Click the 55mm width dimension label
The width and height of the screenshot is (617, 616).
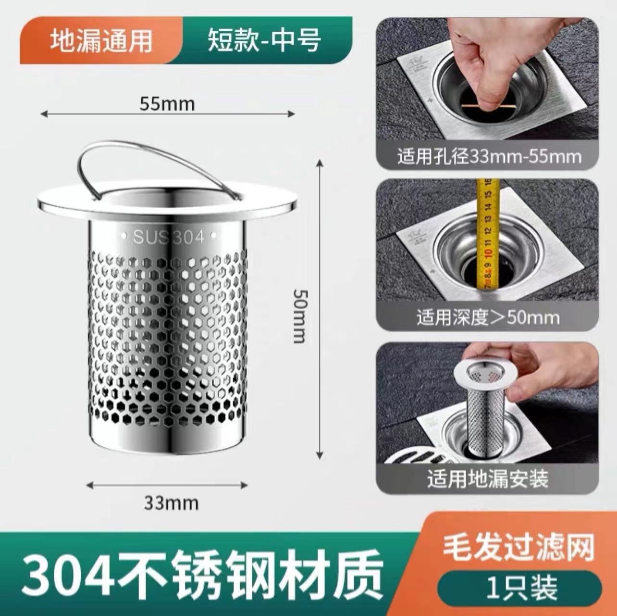click(x=167, y=104)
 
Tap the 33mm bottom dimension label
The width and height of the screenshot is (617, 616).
click(x=171, y=503)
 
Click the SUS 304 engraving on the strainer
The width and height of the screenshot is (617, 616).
click(x=168, y=237)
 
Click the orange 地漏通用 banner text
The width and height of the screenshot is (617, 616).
click(x=101, y=40)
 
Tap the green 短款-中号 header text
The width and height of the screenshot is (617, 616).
click(x=264, y=40)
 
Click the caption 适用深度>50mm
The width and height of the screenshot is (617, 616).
click(x=488, y=317)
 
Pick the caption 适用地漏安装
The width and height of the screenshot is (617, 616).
click(x=488, y=478)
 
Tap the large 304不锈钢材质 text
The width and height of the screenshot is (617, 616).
click(x=202, y=575)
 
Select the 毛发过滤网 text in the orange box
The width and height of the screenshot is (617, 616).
click(x=518, y=548)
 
